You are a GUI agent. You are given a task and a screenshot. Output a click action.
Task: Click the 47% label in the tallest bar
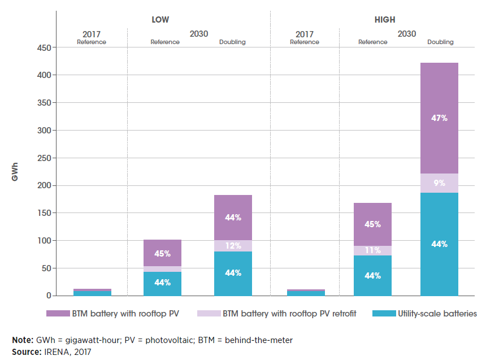pos(439,118)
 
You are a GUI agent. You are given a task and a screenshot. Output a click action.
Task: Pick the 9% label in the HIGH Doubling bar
pos(439,183)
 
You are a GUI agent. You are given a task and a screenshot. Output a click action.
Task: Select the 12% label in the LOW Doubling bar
pos(233,246)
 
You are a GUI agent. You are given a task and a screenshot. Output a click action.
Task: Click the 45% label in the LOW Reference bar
pos(162,254)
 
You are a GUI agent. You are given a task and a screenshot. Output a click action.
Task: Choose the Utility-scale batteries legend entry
pos(435,313)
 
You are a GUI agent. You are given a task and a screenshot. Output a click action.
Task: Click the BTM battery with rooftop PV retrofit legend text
pos(289,313)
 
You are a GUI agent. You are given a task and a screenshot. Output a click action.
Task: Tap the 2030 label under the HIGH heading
pos(406,34)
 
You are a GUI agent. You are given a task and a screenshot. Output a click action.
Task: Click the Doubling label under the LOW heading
pos(232,42)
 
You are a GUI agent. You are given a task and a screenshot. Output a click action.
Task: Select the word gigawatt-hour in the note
pos(82,340)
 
